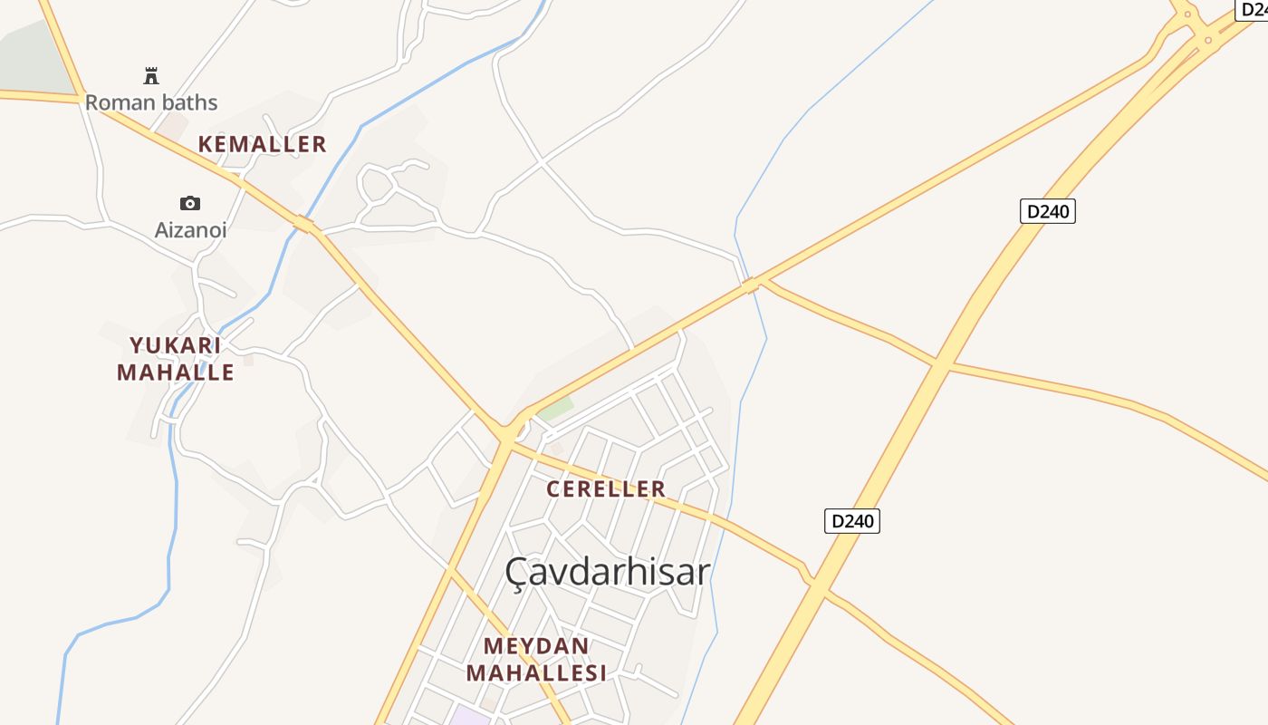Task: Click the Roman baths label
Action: click(151, 102)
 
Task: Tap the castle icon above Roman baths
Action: click(151, 75)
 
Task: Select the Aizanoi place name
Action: click(190, 230)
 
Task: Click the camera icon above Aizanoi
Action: click(190, 203)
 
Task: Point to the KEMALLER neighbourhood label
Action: click(262, 144)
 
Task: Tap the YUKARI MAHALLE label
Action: click(176, 359)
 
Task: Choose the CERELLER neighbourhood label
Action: click(606, 489)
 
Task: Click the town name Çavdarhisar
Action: click(607, 572)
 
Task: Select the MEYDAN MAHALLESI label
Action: click(535, 660)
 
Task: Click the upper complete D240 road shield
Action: click(1048, 212)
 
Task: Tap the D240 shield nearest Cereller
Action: click(852, 521)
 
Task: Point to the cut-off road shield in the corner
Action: click(1253, 8)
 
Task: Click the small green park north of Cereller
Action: click(555, 409)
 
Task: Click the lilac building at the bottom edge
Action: click(471, 716)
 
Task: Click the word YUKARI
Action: click(176, 345)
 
